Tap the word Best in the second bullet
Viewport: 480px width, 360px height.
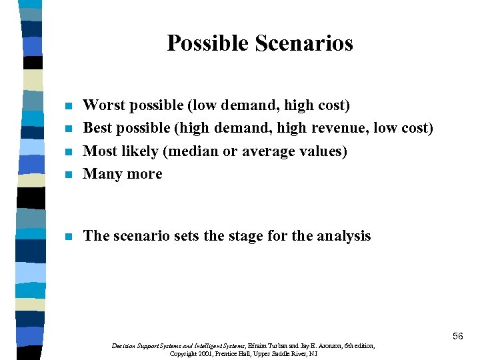click(97, 128)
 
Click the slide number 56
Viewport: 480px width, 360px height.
click(457, 336)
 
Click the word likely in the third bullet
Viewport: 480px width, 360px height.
click(140, 151)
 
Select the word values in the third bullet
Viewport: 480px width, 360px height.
click(324, 151)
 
